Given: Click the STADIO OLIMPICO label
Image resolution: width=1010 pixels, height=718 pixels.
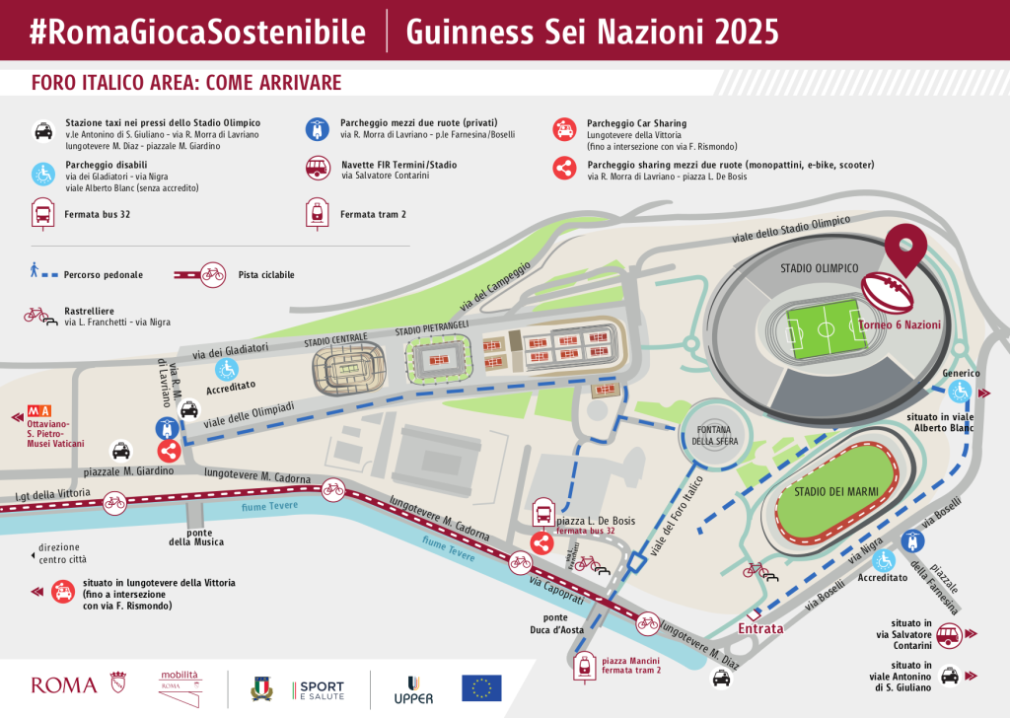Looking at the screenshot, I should tap(819, 268).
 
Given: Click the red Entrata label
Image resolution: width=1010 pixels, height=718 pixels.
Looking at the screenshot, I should tap(760, 628).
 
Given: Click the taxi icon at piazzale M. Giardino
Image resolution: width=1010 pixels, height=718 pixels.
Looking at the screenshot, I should tap(120, 451).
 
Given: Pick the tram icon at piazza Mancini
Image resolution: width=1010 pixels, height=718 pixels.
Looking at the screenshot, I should tap(586, 667).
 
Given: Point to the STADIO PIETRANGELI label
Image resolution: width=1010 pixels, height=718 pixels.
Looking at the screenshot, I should tap(435, 330).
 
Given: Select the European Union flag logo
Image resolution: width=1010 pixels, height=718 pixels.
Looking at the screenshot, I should tap(481, 686).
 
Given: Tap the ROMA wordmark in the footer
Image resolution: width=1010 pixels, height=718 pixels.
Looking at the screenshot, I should tap(64, 684).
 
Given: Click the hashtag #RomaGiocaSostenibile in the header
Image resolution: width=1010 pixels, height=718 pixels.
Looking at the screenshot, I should tap(197, 32).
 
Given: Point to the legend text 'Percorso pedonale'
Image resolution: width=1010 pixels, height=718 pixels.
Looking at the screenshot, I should tap(104, 274).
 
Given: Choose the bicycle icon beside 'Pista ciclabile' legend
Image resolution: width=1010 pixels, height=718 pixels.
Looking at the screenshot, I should tap(212, 274).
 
